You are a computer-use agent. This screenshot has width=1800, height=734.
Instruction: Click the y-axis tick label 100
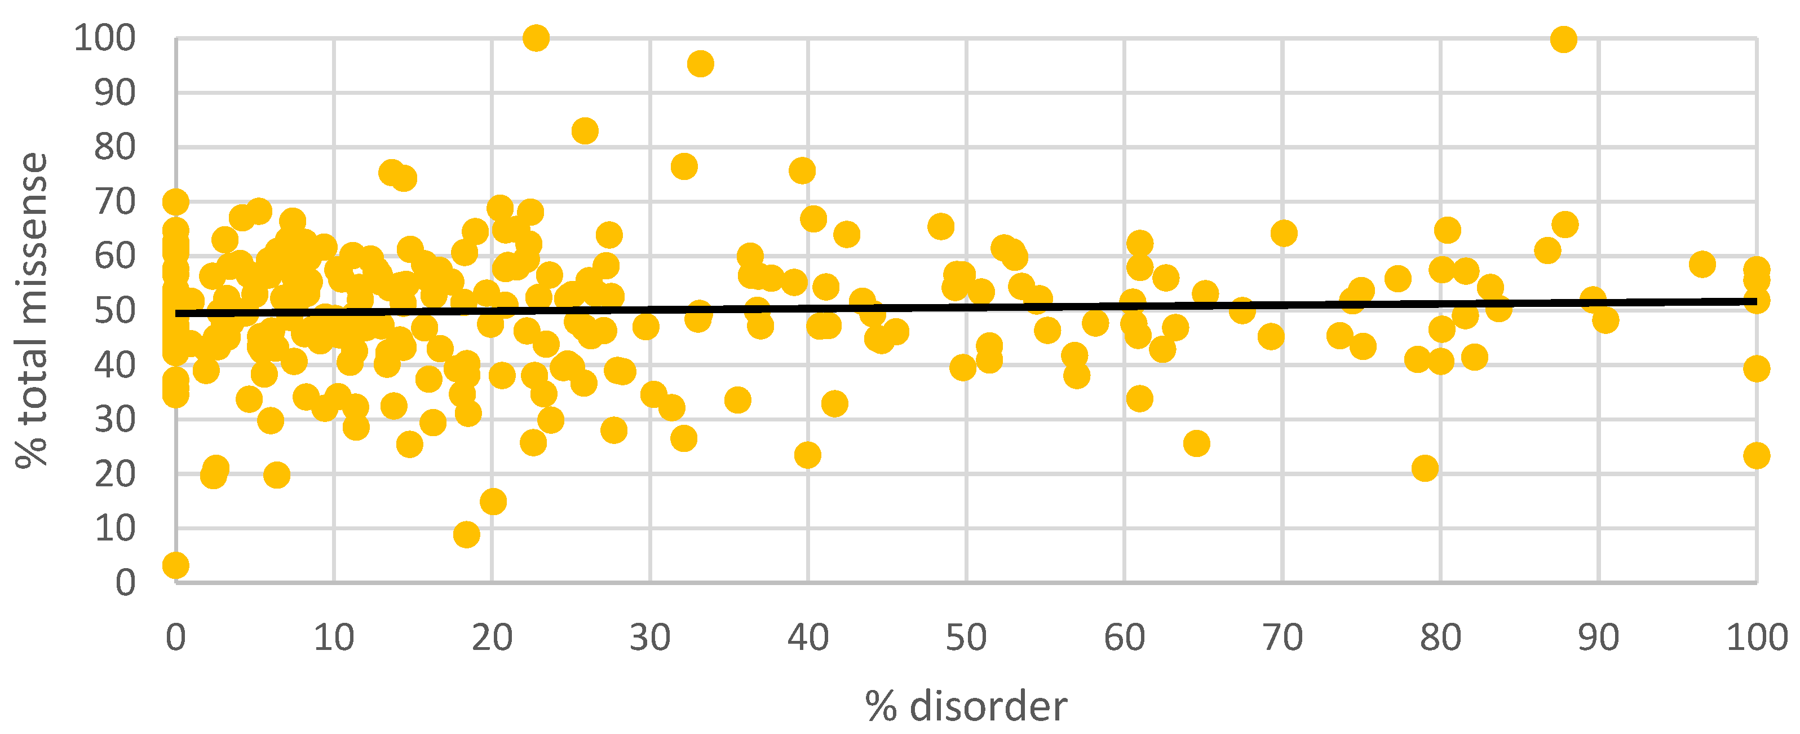pyautogui.click(x=105, y=38)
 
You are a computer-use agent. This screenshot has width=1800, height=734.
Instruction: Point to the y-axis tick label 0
pyautogui.click(x=125, y=583)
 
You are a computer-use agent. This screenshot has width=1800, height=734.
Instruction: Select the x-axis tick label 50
pyautogui.click(x=966, y=638)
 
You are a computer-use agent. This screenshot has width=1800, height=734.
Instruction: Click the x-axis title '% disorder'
pyautogui.click(x=966, y=707)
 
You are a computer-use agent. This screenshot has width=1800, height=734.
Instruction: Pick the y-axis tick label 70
pyautogui.click(x=116, y=202)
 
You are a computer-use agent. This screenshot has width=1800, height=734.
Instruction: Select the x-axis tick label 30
pyautogui.click(x=650, y=638)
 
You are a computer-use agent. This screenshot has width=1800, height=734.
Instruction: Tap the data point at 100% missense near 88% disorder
pyautogui.click(x=1564, y=39)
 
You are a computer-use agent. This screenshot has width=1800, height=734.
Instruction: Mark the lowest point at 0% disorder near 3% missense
pyautogui.click(x=175, y=565)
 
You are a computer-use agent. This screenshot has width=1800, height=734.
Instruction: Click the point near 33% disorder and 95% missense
pyautogui.click(x=700, y=64)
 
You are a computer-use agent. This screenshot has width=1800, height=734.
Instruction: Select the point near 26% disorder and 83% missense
pyautogui.click(x=585, y=131)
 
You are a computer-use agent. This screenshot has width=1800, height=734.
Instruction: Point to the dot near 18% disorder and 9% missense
pyautogui.click(x=466, y=535)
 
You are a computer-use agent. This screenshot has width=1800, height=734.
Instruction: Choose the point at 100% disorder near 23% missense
pyautogui.click(x=1757, y=456)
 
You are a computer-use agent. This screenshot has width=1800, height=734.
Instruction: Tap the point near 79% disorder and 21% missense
pyautogui.click(x=1425, y=468)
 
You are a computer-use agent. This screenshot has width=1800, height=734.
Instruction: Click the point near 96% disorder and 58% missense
pyautogui.click(x=1702, y=264)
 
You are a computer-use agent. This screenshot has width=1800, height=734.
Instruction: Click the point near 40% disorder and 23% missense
pyautogui.click(x=808, y=455)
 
